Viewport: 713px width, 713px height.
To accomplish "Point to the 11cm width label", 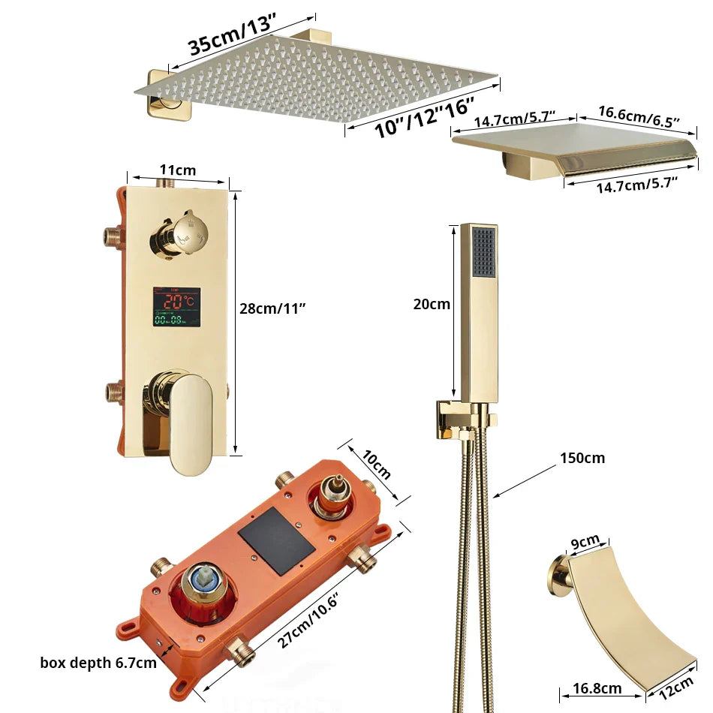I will point(177,170).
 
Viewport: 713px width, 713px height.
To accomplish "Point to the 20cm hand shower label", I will point(432,304).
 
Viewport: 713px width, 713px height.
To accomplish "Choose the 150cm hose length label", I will point(582,458).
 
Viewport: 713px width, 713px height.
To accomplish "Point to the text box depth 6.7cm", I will point(98,663).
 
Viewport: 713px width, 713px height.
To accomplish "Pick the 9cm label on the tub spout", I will point(585,541).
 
